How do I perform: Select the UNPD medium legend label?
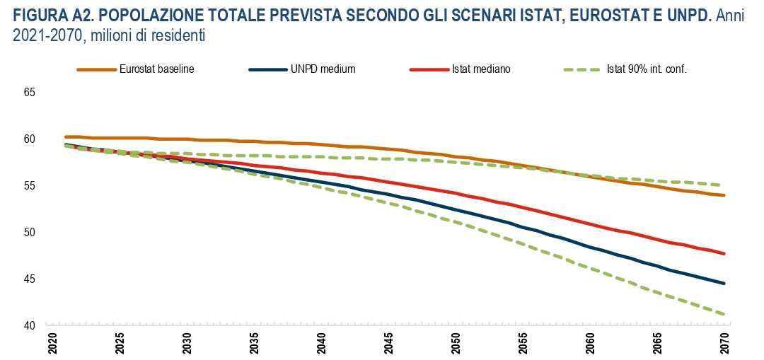coord(323,69)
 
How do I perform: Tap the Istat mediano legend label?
coord(481,69)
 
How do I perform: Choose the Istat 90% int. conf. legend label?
coord(647,69)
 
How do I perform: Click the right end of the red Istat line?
coord(724,253)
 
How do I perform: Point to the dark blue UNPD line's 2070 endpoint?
coord(724,284)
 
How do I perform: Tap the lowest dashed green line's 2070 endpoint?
coord(724,314)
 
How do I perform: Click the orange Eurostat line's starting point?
coord(65,137)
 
